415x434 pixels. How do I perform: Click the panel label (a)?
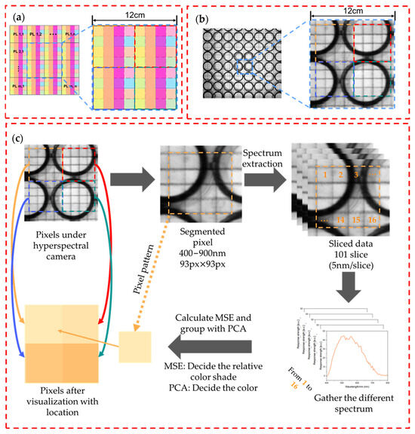tap(16, 14)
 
